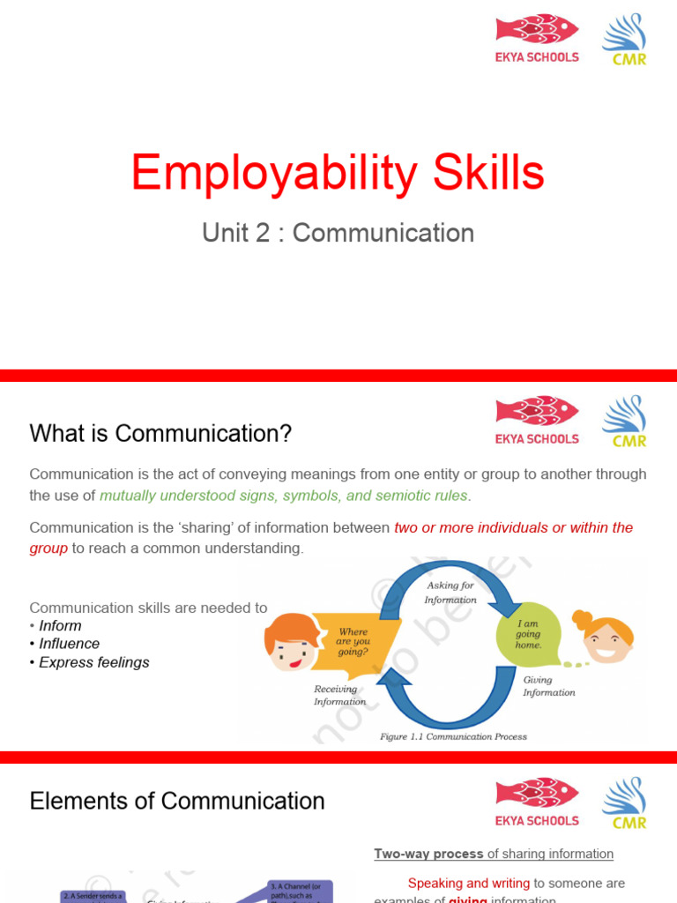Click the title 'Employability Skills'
coord(338,173)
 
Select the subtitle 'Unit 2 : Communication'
coord(338,233)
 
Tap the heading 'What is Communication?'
coord(160,433)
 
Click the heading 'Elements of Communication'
coord(177,801)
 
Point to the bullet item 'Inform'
coord(59,625)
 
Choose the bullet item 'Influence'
coord(69,644)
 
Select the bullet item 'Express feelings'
coord(93,662)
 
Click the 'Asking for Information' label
coord(450,593)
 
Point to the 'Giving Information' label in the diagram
coord(548,686)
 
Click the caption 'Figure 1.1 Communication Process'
coord(453,736)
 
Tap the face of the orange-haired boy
coord(290,644)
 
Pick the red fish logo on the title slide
coord(537,30)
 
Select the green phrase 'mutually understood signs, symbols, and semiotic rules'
coord(284,496)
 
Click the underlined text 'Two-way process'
coord(428,854)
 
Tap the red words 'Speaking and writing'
coord(468,883)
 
